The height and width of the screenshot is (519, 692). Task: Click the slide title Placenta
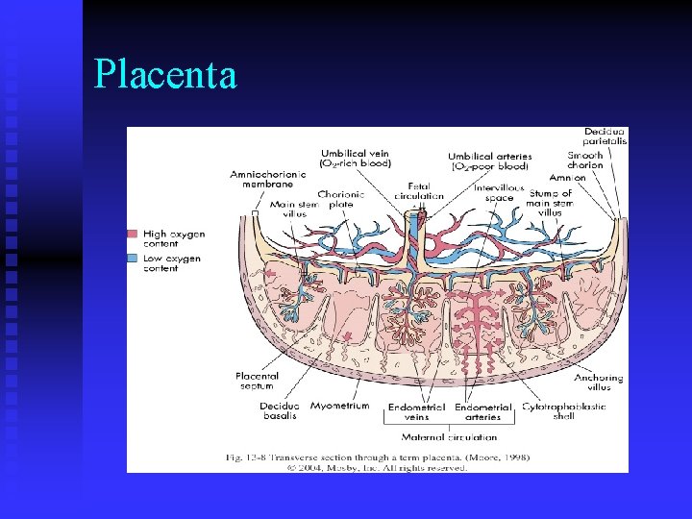click(165, 74)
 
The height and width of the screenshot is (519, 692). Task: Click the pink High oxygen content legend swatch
click(133, 234)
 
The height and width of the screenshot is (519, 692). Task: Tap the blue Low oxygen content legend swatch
click(133, 259)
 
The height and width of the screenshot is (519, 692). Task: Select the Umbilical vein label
click(355, 158)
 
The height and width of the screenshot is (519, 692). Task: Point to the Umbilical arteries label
click(489, 161)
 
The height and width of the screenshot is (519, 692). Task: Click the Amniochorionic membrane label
click(262, 180)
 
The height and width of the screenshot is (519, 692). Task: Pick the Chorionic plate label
click(335, 199)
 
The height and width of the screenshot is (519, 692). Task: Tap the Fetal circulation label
click(419, 190)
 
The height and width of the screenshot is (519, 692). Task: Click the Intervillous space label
click(499, 192)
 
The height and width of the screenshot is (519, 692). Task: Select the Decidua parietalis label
click(605, 136)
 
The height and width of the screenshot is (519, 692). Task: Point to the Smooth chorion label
click(585, 160)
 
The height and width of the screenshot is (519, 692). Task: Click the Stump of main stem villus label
click(550, 203)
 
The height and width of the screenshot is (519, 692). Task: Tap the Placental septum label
click(256, 381)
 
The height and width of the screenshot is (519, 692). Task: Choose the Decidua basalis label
click(279, 410)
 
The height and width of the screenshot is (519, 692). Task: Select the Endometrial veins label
click(416, 411)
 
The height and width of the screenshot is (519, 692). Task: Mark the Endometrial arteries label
click(482, 411)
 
